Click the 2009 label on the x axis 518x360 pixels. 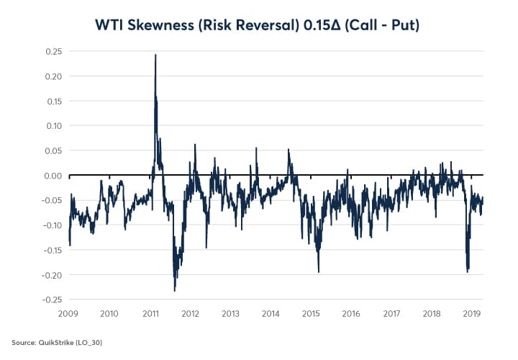click(69, 314)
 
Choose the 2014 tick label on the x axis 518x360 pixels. click(271, 314)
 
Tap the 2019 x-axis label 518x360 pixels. click(471, 314)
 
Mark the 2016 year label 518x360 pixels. click(351, 314)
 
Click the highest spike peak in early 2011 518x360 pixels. click(155, 55)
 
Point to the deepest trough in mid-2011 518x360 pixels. click(175, 290)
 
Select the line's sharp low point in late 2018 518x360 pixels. click(468, 271)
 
